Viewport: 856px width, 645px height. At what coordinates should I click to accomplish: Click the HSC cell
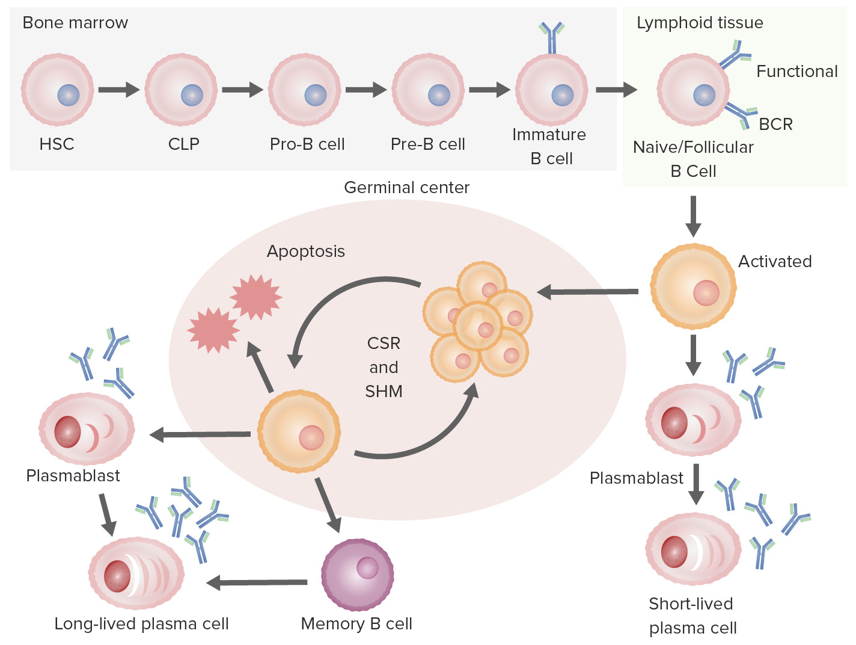pyautogui.click(x=57, y=90)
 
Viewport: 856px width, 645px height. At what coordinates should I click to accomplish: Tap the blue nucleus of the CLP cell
pyautogui.click(x=192, y=95)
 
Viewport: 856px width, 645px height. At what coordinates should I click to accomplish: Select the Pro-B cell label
pyautogui.click(x=307, y=144)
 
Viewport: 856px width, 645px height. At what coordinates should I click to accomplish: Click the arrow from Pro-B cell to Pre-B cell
pyautogui.click(x=365, y=90)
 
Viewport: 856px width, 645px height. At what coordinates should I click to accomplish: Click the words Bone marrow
pyautogui.click(x=75, y=23)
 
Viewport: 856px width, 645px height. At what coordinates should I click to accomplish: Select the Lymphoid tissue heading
pyautogui.click(x=700, y=23)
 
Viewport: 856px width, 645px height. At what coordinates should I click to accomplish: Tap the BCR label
pyautogui.click(x=775, y=125)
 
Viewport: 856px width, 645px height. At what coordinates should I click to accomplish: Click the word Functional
pyautogui.click(x=796, y=72)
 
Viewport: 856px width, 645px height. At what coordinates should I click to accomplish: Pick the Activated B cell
pyautogui.click(x=693, y=286)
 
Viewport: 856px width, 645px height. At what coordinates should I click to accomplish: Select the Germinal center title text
pyautogui.click(x=406, y=188)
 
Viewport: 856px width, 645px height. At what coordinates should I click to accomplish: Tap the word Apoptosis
pyautogui.click(x=305, y=252)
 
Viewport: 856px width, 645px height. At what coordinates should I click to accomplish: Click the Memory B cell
pyautogui.click(x=357, y=575)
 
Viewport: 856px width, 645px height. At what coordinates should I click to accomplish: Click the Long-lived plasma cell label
pyautogui.click(x=141, y=624)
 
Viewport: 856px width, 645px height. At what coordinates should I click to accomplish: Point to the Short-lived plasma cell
pyautogui.click(x=692, y=549)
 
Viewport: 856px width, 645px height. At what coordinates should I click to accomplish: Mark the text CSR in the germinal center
pyautogui.click(x=384, y=344)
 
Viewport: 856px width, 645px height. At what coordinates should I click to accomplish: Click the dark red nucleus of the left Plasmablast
pyautogui.click(x=67, y=431)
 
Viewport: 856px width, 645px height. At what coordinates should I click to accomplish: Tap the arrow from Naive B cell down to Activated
pyautogui.click(x=693, y=217)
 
